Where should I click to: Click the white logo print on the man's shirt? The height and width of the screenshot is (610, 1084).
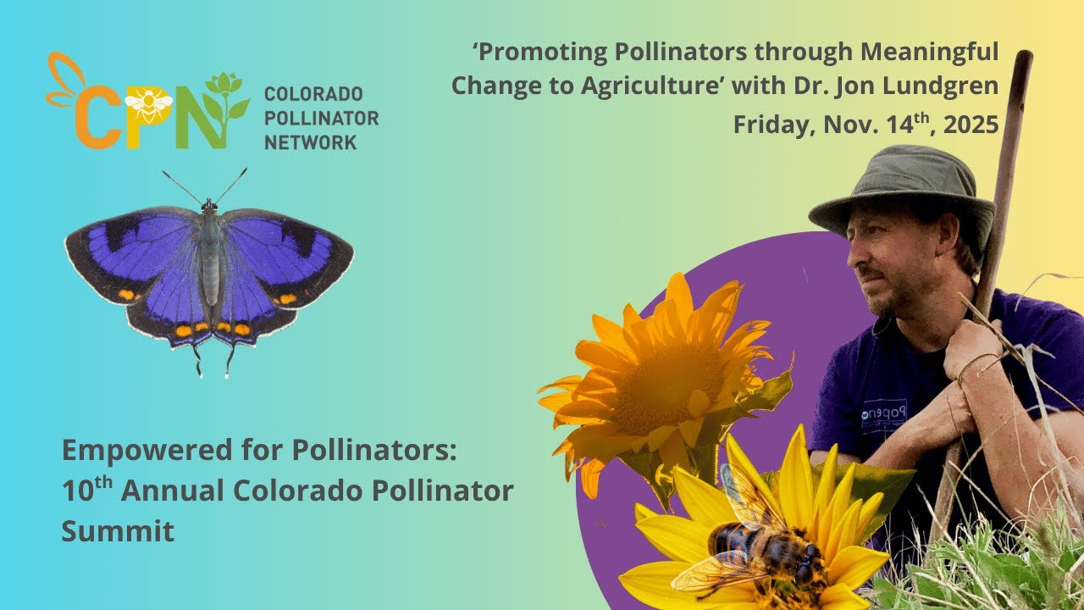[x=883, y=414]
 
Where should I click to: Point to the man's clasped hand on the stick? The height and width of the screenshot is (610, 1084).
[x=974, y=347]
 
